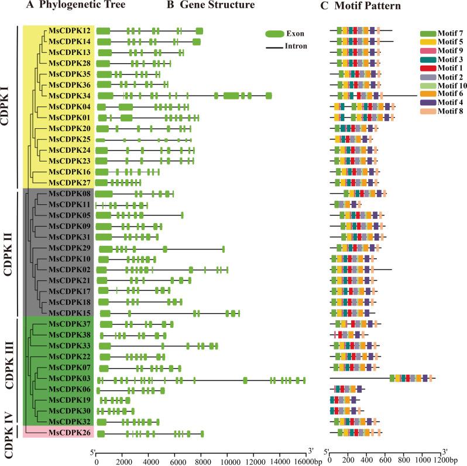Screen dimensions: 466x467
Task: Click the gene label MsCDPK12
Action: [70, 30]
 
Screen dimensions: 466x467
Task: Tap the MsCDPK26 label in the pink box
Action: [70, 433]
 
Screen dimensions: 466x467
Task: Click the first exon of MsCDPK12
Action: [103, 30]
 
